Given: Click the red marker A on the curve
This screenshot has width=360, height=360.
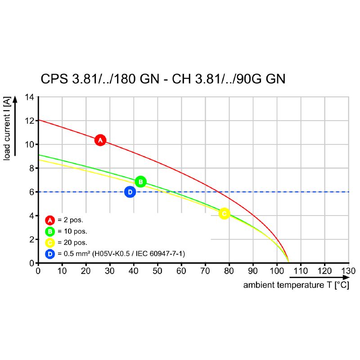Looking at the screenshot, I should click(x=100, y=140).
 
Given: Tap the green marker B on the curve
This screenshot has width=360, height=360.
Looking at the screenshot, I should click(x=140, y=182).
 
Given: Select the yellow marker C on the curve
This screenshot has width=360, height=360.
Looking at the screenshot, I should click(x=224, y=214).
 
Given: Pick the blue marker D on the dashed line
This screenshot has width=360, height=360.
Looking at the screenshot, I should click(x=130, y=192).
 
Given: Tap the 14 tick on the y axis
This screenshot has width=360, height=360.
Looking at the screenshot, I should click(x=30, y=97).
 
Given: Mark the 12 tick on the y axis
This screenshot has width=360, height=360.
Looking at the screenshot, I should click(x=30, y=121).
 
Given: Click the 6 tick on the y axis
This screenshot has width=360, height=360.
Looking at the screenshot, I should click(x=31, y=192).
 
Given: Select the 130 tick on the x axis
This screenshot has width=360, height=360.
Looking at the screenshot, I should click(x=348, y=271).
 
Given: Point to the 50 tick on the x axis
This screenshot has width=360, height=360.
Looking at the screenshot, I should click(x=157, y=271).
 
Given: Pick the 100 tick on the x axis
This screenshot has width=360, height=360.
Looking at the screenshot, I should click(x=277, y=271).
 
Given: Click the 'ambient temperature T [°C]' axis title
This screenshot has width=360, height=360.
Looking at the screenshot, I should click(x=296, y=285).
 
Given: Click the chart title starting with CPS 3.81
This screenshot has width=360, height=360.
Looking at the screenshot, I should click(x=163, y=79).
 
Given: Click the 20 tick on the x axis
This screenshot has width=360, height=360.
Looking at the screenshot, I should click(x=86, y=271).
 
